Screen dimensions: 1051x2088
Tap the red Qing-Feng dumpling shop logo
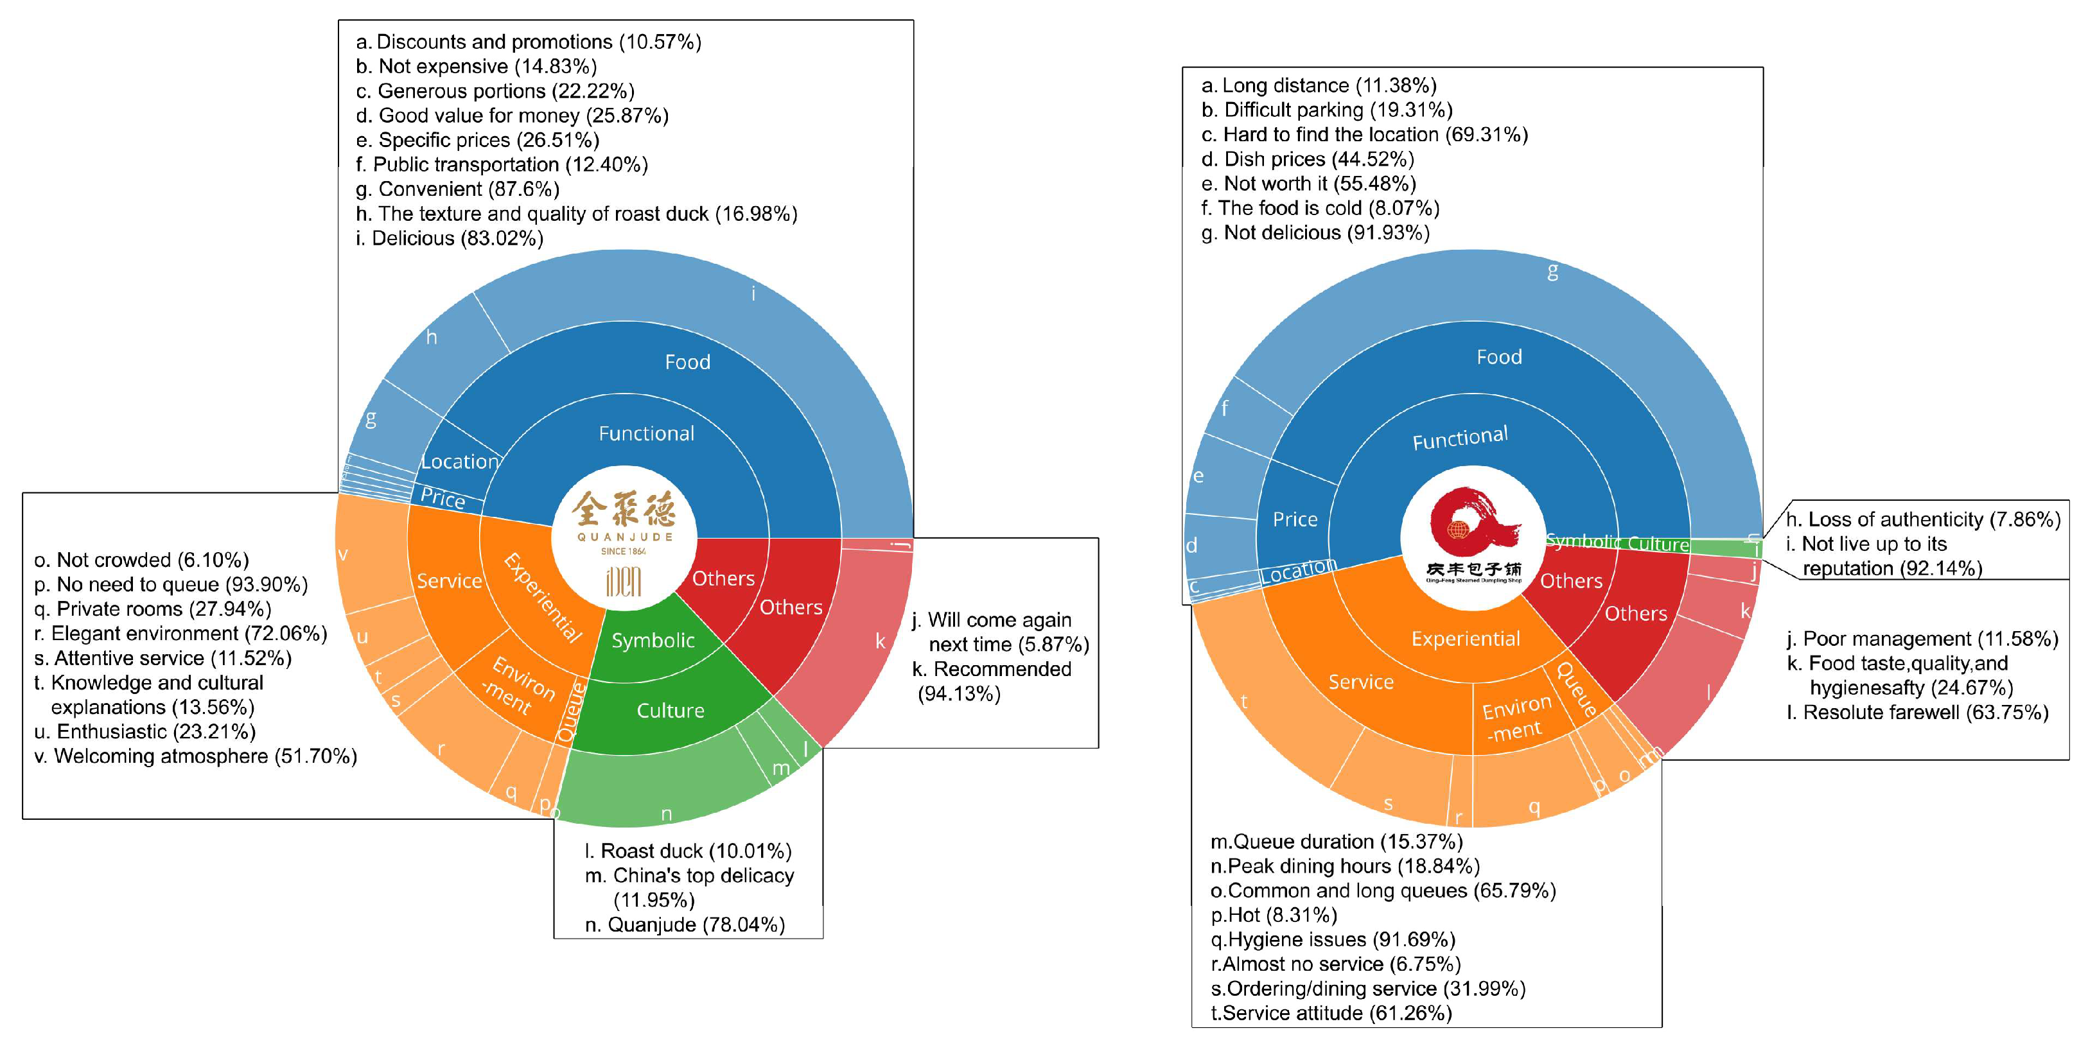[1473, 535]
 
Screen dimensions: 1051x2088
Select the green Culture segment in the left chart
[671, 710]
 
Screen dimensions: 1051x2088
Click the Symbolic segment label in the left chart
[653, 640]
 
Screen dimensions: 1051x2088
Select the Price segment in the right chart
[1294, 519]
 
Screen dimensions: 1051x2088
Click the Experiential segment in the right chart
[1466, 639]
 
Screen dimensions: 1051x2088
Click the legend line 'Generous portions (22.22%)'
[495, 91]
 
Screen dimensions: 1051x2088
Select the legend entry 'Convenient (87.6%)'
[458, 189]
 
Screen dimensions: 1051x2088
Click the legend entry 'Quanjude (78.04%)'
[685, 925]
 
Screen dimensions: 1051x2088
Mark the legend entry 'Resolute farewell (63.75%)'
[1918, 712]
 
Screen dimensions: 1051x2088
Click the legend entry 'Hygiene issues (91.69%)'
[1333, 939]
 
